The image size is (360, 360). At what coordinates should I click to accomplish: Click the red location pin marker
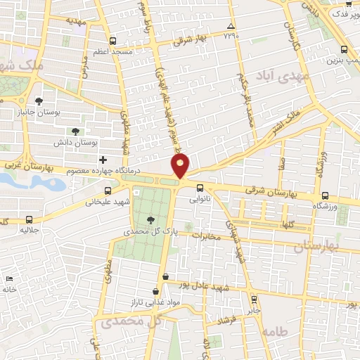coord(181,167)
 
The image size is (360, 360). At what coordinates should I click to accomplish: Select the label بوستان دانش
coord(75,143)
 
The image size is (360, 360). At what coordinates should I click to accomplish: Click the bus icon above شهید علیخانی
coord(108,191)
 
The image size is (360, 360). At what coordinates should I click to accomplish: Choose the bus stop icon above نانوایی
coord(200,188)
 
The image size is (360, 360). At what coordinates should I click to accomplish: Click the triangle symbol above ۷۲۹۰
coord(231,25)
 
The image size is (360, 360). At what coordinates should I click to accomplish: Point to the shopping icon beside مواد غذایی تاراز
coord(155,290)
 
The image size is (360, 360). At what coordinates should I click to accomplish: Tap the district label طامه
coord(274,330)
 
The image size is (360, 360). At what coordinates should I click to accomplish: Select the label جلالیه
coord(28,230)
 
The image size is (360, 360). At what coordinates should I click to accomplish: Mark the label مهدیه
coord(76,21)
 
